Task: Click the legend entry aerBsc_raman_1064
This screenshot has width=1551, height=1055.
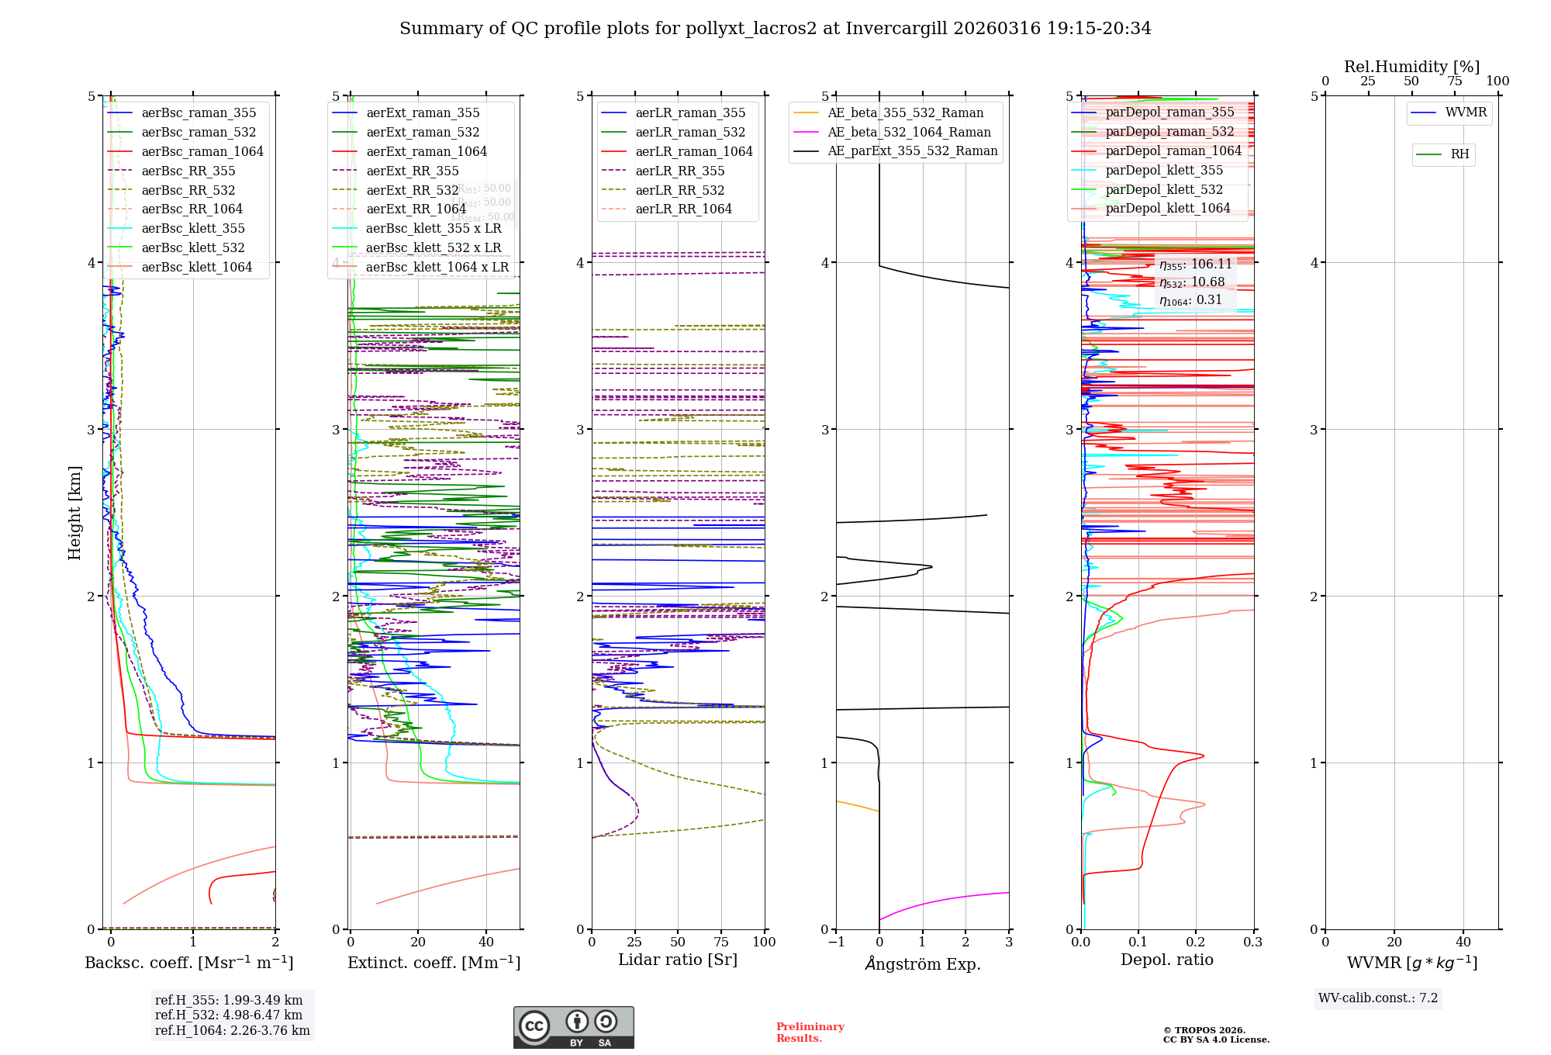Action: [x=202, y=151]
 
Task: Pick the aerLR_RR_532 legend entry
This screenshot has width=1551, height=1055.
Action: [x=679, y=190]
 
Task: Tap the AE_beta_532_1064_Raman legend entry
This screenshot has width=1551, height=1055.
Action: [x=909, y=132]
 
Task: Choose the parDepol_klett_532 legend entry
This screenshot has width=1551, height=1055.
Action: [x=1163, y=189]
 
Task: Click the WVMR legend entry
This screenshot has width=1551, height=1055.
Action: [x=1466, y=112]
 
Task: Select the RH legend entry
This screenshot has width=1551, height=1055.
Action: [x=1459, y=154]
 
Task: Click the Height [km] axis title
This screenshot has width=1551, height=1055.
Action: [x=74, y=513]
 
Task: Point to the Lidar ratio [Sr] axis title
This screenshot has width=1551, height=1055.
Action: [x=677, y=960]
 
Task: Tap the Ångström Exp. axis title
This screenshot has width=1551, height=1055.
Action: [x=923, y=963]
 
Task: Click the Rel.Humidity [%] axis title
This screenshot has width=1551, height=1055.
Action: [x=1411, y=67]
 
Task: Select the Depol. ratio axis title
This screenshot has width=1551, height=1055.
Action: [x=1166, y=960]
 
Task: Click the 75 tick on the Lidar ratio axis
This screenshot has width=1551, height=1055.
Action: [x=721, y=942]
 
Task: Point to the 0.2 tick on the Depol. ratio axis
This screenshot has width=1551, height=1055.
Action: [x=1196, y=942]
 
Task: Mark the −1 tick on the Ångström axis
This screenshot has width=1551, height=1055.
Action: [x=836, y=942]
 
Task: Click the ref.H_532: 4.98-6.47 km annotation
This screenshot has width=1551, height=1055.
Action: [x=229, y=1015]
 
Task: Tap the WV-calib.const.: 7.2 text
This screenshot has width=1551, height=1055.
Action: [x=1378, y=998]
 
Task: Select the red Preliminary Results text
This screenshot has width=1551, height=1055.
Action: [x=810, y=1032]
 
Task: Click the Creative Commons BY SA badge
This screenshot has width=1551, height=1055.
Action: [x=573, y=1027]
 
